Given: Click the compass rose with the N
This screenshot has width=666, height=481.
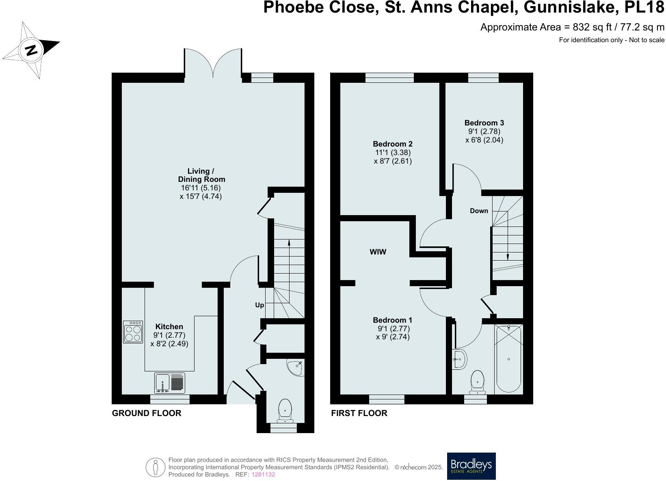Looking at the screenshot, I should coord(31,50).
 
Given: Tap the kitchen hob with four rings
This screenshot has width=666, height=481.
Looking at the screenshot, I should coord(133,332).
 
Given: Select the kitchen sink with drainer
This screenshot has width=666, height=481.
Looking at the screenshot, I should coord(170,383).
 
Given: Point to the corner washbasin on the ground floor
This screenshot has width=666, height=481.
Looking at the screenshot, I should coord(296,368).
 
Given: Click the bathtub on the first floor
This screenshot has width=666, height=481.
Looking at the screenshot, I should coord(508,358).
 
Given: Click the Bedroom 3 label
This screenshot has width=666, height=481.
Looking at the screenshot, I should coord(484,123).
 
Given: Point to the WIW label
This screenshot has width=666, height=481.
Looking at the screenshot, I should coord(378,252).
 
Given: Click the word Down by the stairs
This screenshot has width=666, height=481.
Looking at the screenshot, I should coord(479,211).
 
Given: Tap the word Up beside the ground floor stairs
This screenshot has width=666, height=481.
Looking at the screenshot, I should coord(259,305).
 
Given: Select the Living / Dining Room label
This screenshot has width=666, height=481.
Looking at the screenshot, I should coord(201,175).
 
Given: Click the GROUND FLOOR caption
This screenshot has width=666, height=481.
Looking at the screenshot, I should coord(147,413).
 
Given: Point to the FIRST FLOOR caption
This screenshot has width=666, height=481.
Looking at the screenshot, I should coord(359,413).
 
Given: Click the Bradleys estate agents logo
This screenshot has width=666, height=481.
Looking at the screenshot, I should coord(471,466).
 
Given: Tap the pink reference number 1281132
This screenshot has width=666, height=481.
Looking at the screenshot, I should coord(263,474).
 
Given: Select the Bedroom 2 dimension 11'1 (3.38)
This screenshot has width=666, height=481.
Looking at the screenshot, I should coord(393,153).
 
